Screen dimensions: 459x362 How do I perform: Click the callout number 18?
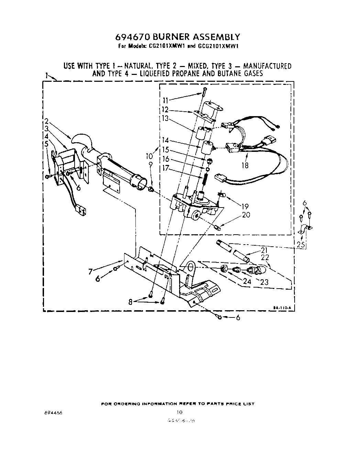pos(244,165)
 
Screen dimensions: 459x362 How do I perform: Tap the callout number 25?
pos(300,245)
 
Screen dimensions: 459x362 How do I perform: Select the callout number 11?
pos(166,101)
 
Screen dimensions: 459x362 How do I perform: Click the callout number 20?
pos(246,215)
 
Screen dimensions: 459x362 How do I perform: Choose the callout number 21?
pos(264,250)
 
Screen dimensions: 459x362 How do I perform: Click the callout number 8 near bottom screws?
pos(130,302)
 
